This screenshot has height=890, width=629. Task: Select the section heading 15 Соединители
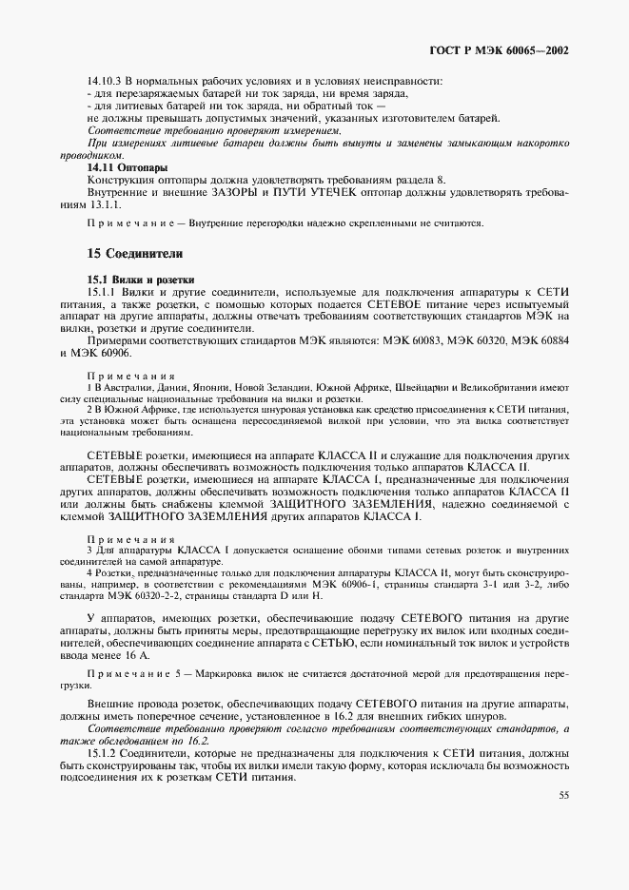click(x=128, y=254)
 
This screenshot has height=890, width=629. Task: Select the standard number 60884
click(x=549, y=340)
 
